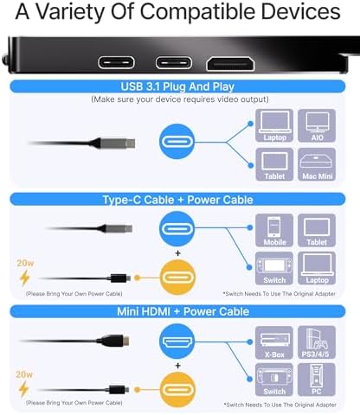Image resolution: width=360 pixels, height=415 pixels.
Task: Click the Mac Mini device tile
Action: pos(317,164)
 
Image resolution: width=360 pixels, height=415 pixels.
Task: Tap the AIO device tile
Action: pos(317,125)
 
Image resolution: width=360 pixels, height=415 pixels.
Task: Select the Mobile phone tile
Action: pos(274,230)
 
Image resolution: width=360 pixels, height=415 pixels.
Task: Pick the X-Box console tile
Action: pos(274,342)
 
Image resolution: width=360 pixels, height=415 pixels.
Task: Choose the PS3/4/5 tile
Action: pos(317,342)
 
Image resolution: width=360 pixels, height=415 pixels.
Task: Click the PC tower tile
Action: pos(317,380)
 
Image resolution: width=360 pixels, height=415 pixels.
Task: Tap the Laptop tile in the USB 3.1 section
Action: pos(274,125)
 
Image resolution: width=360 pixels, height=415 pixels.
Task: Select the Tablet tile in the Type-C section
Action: pos(317,230)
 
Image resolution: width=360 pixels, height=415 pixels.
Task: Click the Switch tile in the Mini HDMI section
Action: pos(274,380)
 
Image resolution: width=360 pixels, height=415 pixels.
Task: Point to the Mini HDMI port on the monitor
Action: pos(230,64)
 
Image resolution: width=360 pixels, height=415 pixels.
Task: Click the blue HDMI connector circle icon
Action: pos(177,342)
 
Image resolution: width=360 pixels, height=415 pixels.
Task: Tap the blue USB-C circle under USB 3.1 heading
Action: pos(177,142)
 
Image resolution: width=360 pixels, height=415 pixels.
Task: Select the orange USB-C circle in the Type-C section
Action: pos(177,278)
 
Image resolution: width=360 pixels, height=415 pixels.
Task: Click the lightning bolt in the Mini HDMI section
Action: pos(24,389)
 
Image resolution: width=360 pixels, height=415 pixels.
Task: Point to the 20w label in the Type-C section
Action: pos(25,263)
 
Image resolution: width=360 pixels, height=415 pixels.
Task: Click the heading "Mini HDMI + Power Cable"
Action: pos(183,311)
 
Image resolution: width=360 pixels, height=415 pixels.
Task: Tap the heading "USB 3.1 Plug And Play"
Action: pos(177,86)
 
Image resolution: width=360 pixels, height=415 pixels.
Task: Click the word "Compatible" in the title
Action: pos(198,12)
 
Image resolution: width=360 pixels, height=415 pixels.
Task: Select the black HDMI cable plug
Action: pos(113,341)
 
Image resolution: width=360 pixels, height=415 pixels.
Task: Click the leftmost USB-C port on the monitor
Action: pos(116,62)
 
